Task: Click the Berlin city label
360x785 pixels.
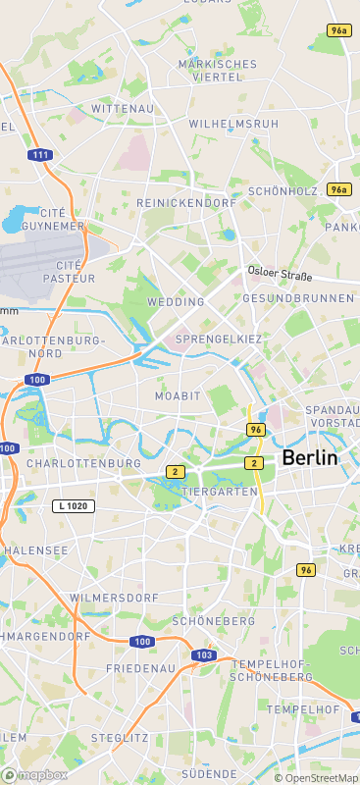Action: point(309,458)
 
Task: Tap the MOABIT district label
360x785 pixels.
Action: point(177,395)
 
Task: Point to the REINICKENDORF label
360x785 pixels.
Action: point(186,202)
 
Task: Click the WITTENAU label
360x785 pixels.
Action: point(123,108)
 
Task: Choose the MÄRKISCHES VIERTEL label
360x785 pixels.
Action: point(217,70)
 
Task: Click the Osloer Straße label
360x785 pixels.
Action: point(279,272)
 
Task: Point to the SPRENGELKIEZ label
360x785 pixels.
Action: point(218,339)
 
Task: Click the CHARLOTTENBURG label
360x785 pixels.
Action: point(84,462)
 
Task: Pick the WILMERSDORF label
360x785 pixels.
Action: point(114,597)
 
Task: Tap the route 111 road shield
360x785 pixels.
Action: point(40,155)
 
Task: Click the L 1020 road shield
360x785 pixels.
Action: point(75,505)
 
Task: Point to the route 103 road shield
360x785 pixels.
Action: point(204,654)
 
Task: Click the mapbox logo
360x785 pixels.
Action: point(34,775)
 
